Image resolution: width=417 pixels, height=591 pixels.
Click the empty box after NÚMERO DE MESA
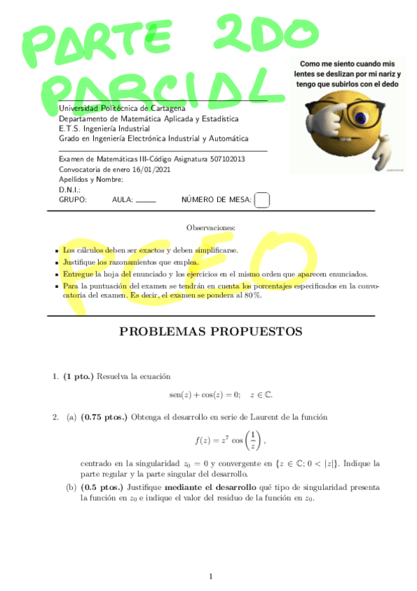(x=262, y=200)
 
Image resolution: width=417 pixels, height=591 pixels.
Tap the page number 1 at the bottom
(x=210, y=576)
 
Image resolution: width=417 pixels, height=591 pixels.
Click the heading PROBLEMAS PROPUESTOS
(x=211, y=332)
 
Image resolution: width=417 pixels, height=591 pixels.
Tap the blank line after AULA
(x=145, y=201)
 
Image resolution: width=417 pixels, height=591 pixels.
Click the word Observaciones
(x=211, y=228)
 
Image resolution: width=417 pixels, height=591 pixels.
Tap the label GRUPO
(x=72, y=200)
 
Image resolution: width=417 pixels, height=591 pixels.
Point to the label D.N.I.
(x=70, y=190)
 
